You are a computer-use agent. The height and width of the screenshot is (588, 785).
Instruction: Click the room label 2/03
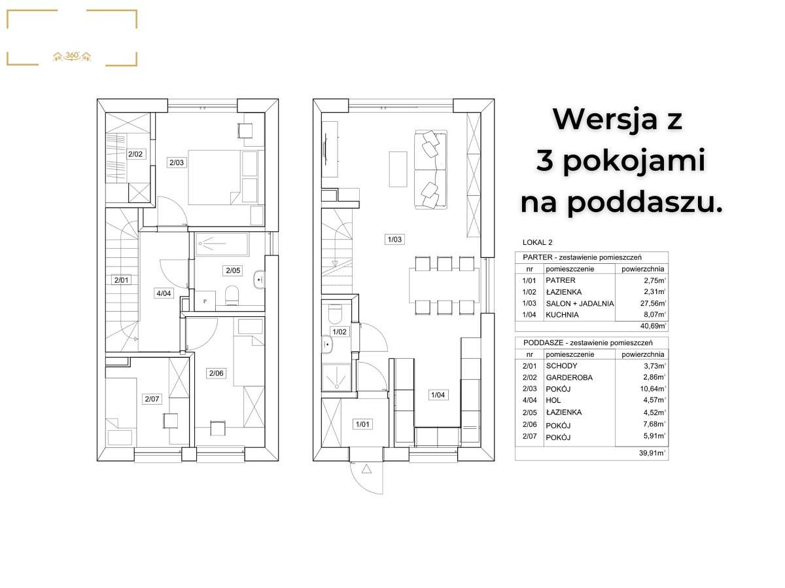click(176, 162)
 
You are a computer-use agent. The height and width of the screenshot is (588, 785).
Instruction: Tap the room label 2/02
click(135, 155)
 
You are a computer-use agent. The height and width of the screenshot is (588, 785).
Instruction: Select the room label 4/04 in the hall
click(163, 293)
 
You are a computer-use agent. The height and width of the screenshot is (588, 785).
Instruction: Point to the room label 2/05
click(232, 270)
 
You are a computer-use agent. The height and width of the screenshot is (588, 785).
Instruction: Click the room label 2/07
click(151, 398)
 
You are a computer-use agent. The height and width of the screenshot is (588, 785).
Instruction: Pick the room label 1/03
click(394, 240)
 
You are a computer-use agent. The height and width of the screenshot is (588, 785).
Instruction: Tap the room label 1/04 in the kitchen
click(437, 394)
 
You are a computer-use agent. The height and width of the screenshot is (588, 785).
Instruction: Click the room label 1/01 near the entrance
click(362, 424)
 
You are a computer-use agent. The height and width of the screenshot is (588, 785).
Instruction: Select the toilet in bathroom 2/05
click(231, 297)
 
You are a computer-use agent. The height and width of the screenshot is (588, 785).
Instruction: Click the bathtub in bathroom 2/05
click(220, 244)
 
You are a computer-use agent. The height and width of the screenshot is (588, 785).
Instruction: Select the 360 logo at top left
click(72, 56)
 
